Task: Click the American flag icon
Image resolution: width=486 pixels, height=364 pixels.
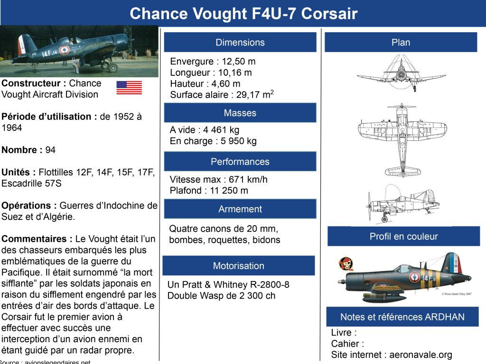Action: [x=129, y=88]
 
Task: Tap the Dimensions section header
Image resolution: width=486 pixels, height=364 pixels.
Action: [x=240, y=42]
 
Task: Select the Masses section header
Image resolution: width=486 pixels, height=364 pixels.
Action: [x=240, y=113]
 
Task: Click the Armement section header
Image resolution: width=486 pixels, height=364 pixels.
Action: [x=240, y=209]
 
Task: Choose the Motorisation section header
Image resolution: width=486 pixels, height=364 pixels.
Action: [x=239, y=265]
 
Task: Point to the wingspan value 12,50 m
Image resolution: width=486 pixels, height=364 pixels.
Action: [x=239, y=61]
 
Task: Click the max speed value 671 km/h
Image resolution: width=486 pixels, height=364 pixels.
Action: [x=248, y=179]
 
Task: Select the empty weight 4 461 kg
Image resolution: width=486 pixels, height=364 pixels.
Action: [x=221, y=130]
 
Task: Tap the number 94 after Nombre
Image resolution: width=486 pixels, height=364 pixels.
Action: [x=50, y=150]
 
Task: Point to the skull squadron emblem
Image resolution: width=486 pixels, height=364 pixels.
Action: [x=346, y=264]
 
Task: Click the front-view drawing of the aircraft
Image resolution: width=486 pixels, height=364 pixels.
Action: [x=402, y=73]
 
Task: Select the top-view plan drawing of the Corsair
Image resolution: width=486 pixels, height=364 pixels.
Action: [x=402, y=140]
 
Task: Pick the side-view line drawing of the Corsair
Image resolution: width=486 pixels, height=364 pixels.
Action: [x=403, y=203]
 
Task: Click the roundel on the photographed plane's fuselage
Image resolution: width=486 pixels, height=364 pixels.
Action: [x=64, y=49]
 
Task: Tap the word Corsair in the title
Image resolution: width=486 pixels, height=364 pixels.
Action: [x=329, y=14]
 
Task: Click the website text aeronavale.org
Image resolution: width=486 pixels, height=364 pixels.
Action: [x=421, y=355]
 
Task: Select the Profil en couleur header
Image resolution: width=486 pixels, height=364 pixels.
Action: [x=403, y=236]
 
